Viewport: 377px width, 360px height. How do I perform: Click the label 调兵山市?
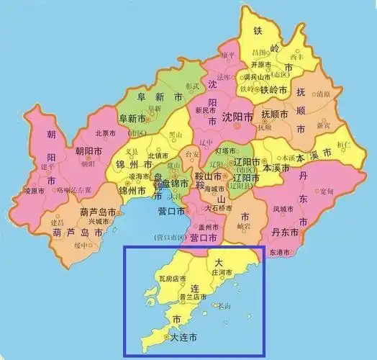[x=255, y=76]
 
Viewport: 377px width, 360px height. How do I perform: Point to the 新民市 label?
[x=205, y=111]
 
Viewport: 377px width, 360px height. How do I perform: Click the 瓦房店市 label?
[x=173, y=278]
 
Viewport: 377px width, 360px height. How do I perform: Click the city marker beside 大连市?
[x=167, y=337]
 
